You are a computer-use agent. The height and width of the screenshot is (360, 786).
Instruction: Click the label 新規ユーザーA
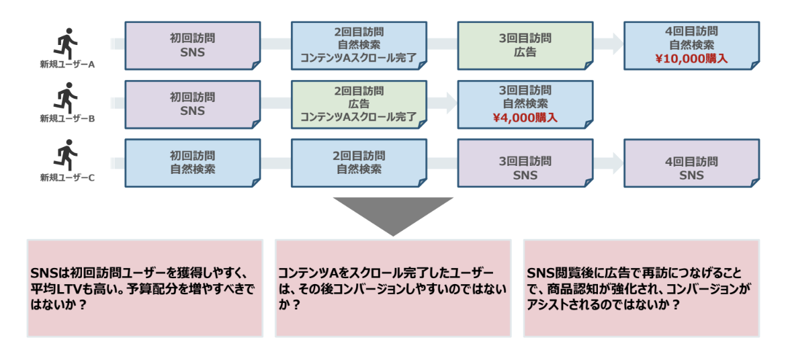(67, 64)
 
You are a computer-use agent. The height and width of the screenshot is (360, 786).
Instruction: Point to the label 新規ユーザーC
(67, 178)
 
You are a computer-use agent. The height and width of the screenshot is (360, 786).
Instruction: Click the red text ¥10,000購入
(691, 58)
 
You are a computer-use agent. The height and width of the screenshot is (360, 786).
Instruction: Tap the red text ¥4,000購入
(525, 117)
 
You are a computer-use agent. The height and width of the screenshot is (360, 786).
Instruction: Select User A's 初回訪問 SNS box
(193, 45)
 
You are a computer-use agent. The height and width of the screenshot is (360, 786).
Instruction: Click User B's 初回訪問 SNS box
(193, 104)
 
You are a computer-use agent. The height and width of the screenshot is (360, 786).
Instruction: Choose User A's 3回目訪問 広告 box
(525, 45)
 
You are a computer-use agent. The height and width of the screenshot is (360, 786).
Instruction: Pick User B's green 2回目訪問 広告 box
(359, 104)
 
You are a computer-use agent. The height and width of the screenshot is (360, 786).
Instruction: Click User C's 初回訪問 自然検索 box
(193, 163)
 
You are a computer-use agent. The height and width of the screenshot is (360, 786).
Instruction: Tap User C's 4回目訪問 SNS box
(691, 168)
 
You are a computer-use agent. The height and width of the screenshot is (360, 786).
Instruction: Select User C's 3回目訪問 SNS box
(525, 168)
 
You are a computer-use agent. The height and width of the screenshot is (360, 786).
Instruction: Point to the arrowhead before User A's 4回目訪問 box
(616, 44)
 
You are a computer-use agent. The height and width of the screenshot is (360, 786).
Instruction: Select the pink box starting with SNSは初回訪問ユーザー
(144, 288)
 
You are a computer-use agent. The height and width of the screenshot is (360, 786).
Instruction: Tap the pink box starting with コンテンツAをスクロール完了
(393, 288)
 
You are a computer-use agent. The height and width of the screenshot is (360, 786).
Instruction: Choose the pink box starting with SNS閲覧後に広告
(641, 288)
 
